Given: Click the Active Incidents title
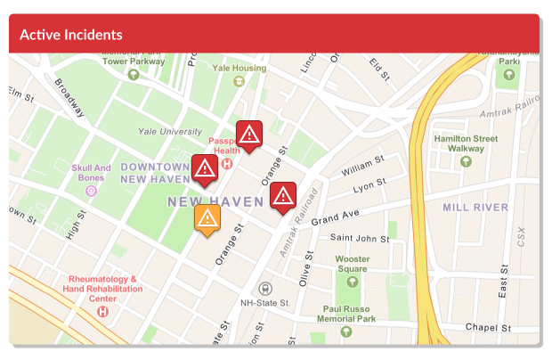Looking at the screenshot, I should click(71, 35).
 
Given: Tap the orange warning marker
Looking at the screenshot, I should click(207, 218).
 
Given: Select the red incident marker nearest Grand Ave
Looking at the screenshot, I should click(283, 196).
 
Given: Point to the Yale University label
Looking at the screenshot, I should click(170, 132).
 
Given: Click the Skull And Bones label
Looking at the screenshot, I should click(92, 173).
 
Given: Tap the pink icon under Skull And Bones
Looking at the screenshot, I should click(92, 191).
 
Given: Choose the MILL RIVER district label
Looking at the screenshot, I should click(475, 208).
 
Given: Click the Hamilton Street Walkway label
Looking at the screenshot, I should click(466, 143).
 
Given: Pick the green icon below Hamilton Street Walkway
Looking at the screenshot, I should click(466, 162).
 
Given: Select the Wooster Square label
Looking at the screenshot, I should click(352, 264).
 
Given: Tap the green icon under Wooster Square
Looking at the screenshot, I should click(352, 282).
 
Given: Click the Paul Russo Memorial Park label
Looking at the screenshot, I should click(346, 314).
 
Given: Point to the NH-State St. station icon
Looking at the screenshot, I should click(264, 289).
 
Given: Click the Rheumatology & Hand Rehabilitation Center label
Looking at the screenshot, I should click(103, 290).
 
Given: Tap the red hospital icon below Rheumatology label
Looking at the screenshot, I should click(103, 312).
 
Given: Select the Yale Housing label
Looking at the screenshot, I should click(238, 68).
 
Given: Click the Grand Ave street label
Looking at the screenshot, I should click(334, 217).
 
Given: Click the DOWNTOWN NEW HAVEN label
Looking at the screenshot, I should click(155, 173).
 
